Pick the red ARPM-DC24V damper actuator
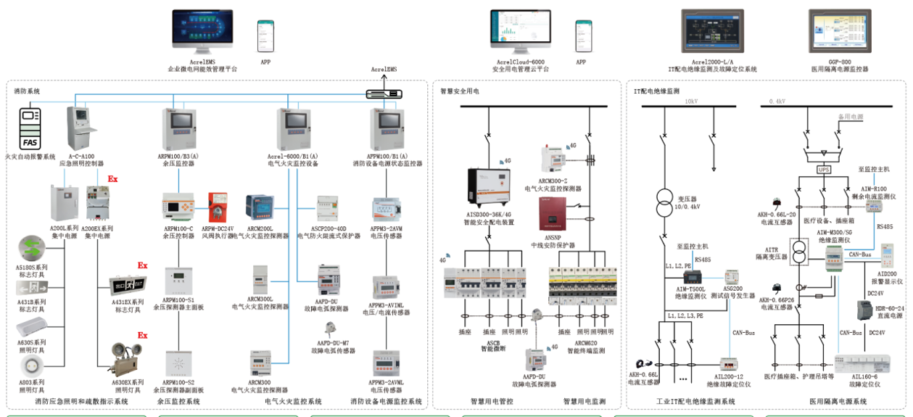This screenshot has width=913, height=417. (x=218, y=206)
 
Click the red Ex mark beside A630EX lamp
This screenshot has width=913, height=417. (x=143, y=335)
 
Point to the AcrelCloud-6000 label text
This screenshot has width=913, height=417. (x=520, y=63)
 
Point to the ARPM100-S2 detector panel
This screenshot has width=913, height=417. (x=178, y=363)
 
